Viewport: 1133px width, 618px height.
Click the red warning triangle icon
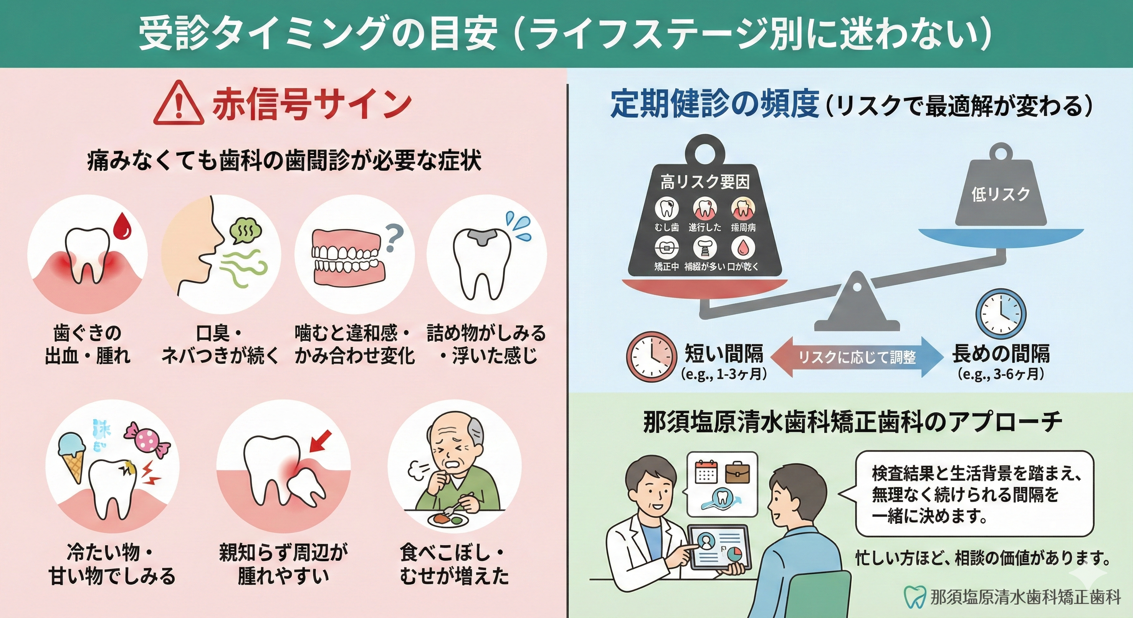point(179,104)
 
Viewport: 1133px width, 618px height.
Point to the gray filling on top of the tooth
point(482,237)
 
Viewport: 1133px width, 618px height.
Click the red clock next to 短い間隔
point(651,356)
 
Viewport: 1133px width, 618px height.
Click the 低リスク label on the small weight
point(1001,194)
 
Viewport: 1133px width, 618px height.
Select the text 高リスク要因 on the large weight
point(705,182)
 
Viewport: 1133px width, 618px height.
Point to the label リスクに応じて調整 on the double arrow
point(857,357)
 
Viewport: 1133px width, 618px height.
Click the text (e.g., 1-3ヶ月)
point(724,374)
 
